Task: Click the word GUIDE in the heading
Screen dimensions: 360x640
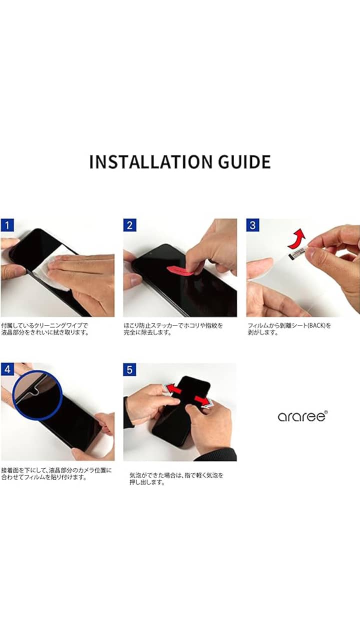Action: [x=244, y=161]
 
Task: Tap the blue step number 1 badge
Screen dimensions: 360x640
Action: [x=7, y=225]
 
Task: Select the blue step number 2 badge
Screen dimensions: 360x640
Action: [x=129, y=225]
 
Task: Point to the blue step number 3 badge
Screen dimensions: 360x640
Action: [x=252, y=225]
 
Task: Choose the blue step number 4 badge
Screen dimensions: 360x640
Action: [x=7, y=369]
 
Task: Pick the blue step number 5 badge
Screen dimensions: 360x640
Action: [x=129, y=369]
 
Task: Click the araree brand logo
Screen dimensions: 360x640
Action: [x=302, y=416]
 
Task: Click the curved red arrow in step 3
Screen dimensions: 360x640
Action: [x=297, y=239]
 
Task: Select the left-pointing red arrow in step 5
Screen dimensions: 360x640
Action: [x=174, y=389]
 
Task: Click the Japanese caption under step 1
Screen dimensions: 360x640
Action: [x=45, y=329]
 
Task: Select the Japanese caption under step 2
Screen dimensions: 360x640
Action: [x=173, y=329]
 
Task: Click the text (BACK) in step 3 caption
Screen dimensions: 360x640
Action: [x=316, y=325]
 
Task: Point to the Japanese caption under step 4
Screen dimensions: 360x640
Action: [x=56, y=473]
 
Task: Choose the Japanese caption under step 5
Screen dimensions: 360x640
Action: [x=176, y=479]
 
